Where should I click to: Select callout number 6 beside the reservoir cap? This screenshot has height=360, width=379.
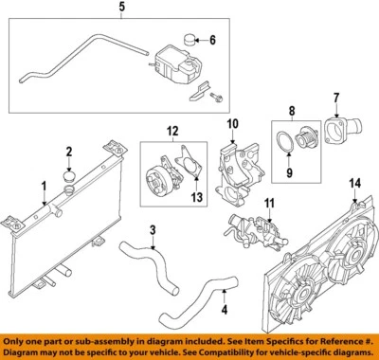coord(212,40)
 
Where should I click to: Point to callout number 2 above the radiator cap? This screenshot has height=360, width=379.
coord(67,152)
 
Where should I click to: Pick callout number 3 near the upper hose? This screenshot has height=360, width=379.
coord(152,230)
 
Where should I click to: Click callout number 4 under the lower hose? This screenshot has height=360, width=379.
coord(225,308)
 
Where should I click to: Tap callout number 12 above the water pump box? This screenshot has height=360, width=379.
coord(171,130)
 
